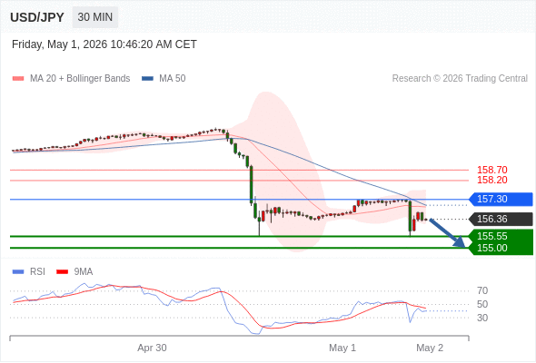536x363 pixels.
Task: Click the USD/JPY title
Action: pos(37,17)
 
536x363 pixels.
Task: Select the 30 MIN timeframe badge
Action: pos(95,17)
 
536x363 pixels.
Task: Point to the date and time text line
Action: pos(104,44)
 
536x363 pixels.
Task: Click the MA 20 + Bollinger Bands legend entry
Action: pos(71,79)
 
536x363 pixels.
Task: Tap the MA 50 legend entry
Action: pos(164,79)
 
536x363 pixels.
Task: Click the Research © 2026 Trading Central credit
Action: pos(460,79)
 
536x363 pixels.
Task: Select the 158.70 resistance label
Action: pos(491,170)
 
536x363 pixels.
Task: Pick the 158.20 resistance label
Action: pos(491,180)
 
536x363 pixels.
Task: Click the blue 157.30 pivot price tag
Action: pos(501,199)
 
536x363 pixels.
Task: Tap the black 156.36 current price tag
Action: pos(501,219)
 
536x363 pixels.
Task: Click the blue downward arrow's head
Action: pos(461,243)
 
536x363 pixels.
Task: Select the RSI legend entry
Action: pos(29,272)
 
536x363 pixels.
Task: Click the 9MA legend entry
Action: pos(74,272)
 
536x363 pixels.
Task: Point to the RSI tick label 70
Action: pos(482,290)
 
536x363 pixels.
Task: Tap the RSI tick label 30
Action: pos(482,318)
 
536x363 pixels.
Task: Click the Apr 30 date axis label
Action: pos(152,348)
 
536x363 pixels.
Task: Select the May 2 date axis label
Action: pos(430,348)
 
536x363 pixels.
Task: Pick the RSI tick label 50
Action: pos(482,304)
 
